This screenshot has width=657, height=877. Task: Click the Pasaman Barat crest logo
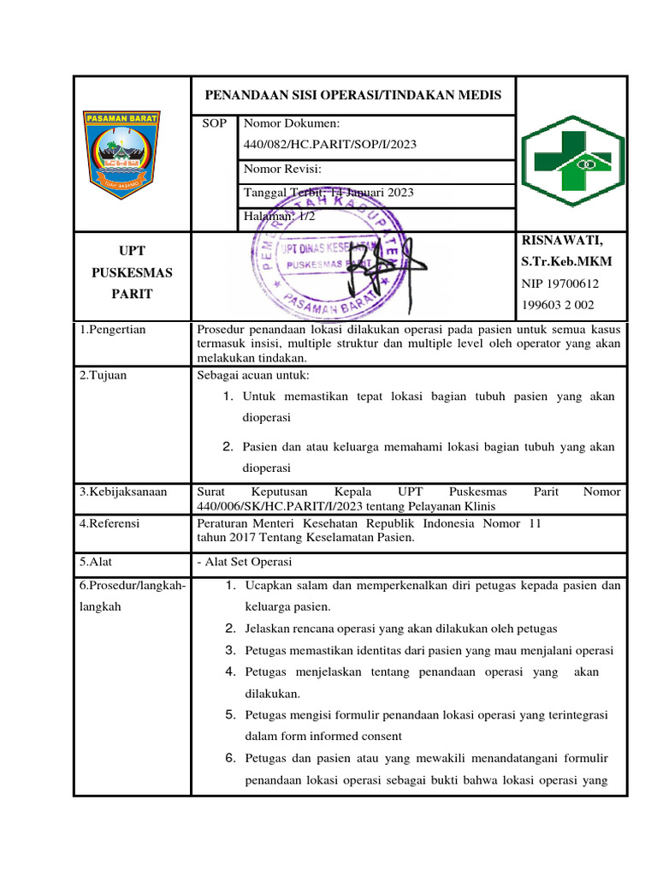click(x=132, y=154)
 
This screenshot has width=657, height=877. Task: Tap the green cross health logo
click(x=572, y=159)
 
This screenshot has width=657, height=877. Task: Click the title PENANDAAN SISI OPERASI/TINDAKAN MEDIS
click(x=352, y=95)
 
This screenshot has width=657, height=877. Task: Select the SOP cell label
click(x=214, y=124)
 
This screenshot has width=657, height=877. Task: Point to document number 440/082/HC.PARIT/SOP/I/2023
click(x=330, y=145)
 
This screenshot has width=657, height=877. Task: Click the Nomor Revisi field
click(x=283, y=169)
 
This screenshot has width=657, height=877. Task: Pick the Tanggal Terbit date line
click(x=328, y=193)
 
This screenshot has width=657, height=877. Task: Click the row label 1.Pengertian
click(x=113, y=330)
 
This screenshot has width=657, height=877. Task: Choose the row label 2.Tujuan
click(x=103, y=375)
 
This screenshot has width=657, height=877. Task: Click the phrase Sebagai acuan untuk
click(x=253, y=375)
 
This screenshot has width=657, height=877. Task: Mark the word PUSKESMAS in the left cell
click(x=132, y=273)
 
